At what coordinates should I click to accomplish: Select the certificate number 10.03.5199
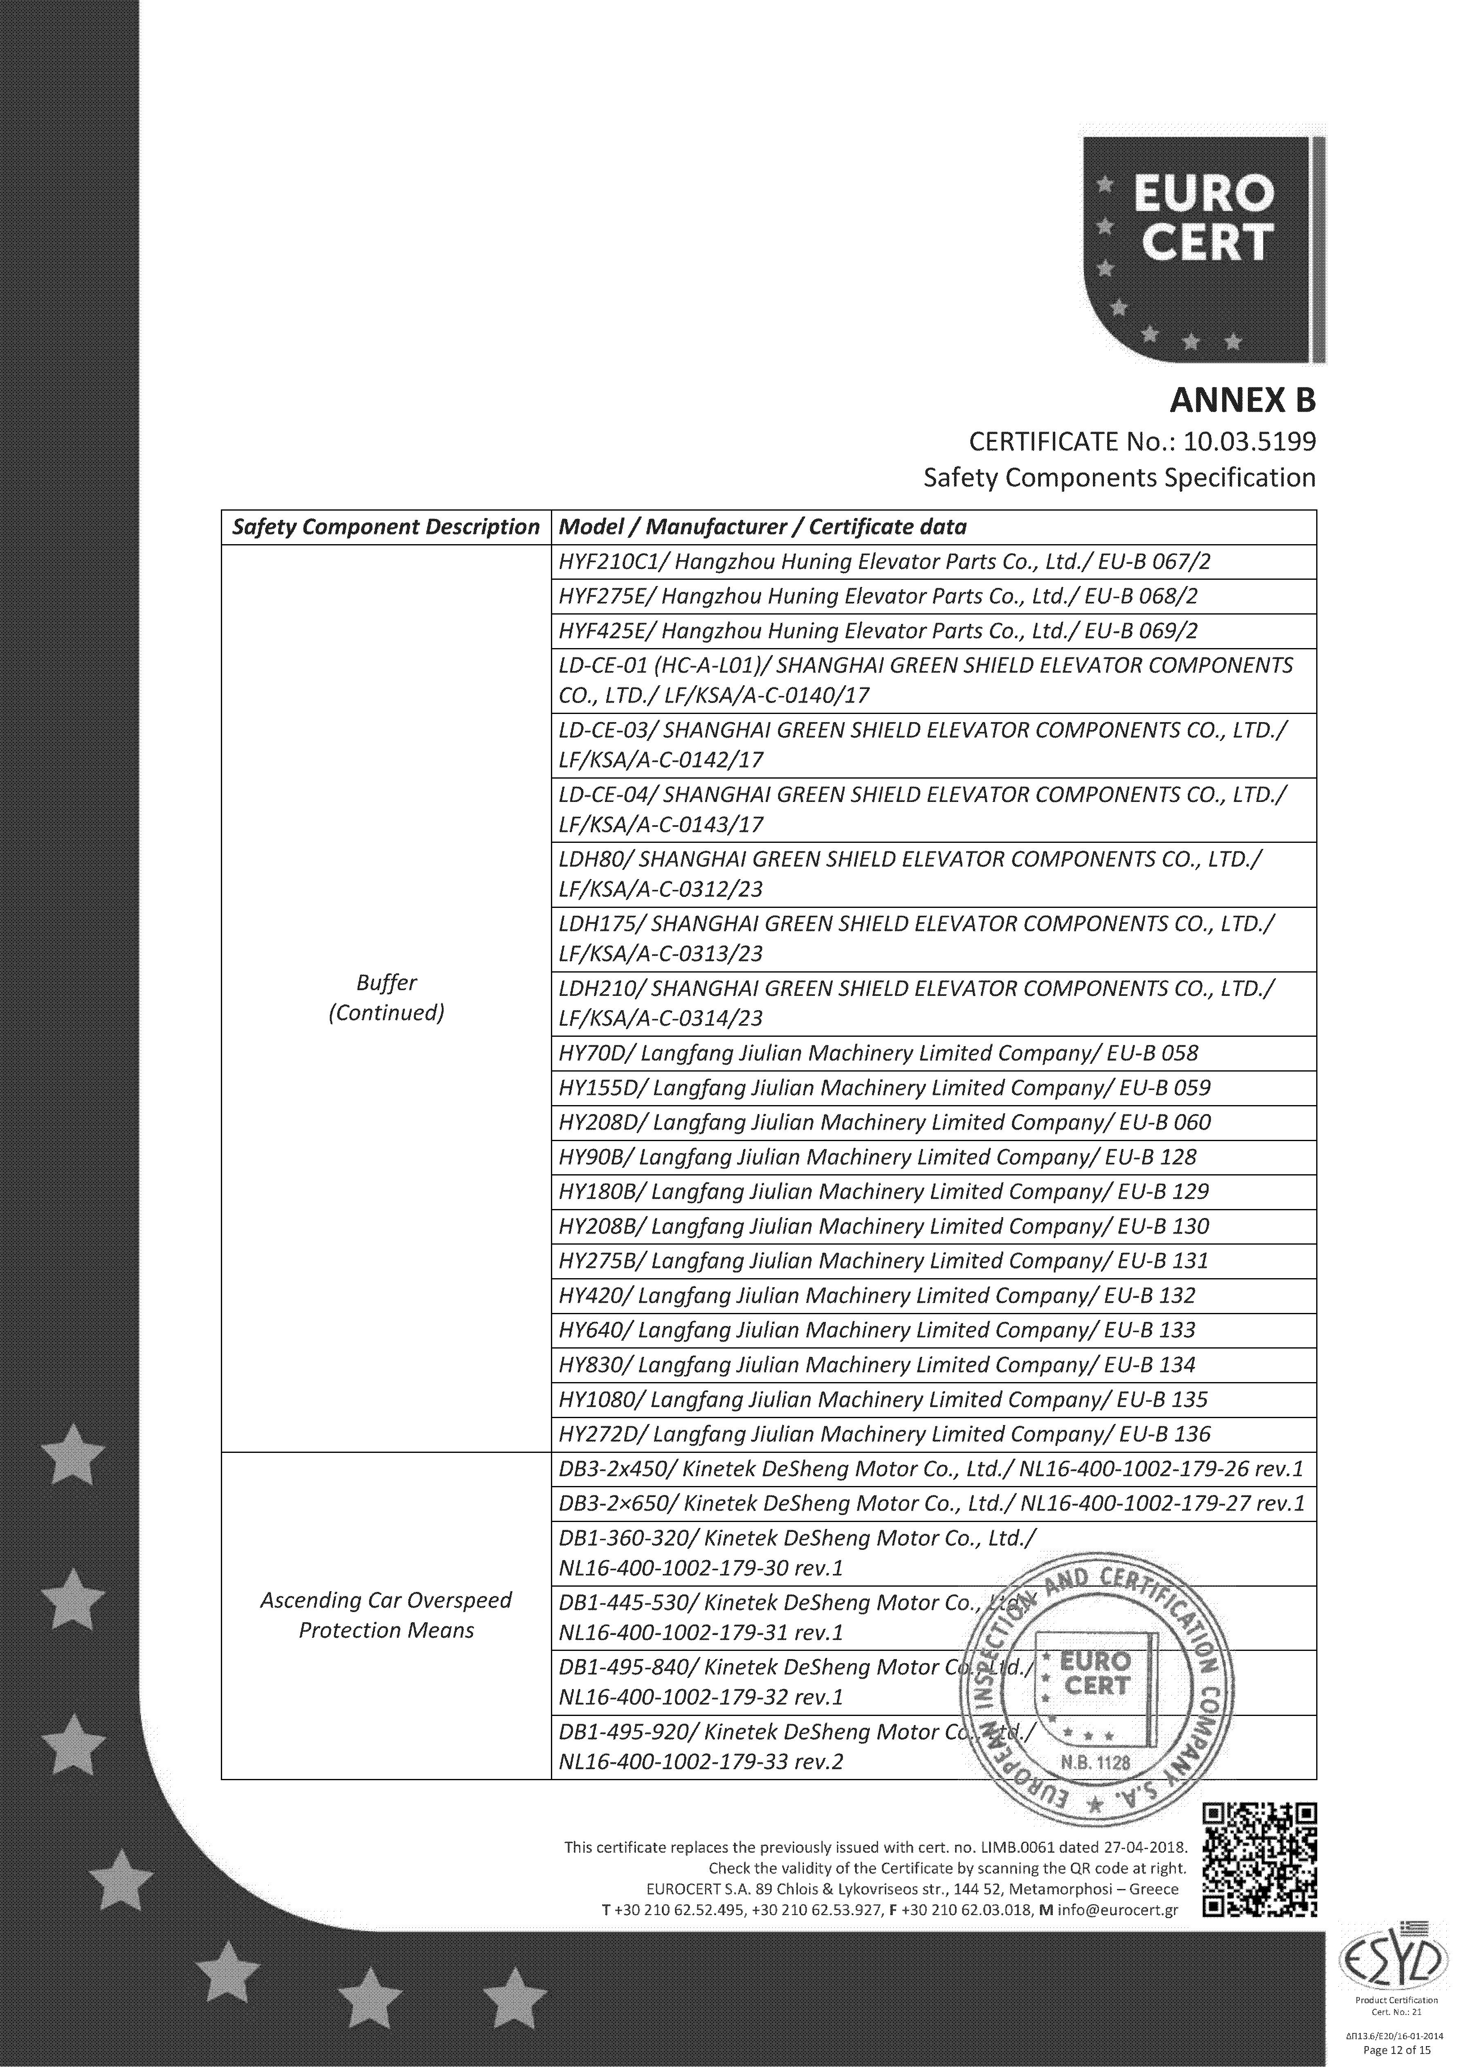pos(1250,442)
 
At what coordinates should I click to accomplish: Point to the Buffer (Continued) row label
pos(386,997)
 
